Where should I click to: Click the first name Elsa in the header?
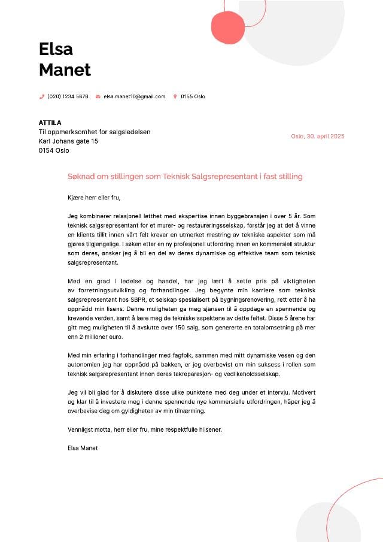click(56, 49)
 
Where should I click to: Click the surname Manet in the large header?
click(65, 70)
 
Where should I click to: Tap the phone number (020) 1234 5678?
click(68, 96)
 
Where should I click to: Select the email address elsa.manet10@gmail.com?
click(134, 96)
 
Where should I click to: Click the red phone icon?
click(42, 96)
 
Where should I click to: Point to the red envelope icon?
click(98, 96)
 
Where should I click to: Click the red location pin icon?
click(175, 96)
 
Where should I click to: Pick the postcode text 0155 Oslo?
click(193, 96)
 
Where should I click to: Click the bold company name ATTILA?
click(50, 123)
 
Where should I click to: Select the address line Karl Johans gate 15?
click(68, 141)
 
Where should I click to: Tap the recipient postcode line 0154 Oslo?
click(54, 150)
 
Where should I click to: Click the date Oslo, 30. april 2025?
click(318, 137)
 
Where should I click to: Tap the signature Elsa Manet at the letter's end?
click(83, 448)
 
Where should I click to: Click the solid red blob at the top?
click(229, 28)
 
